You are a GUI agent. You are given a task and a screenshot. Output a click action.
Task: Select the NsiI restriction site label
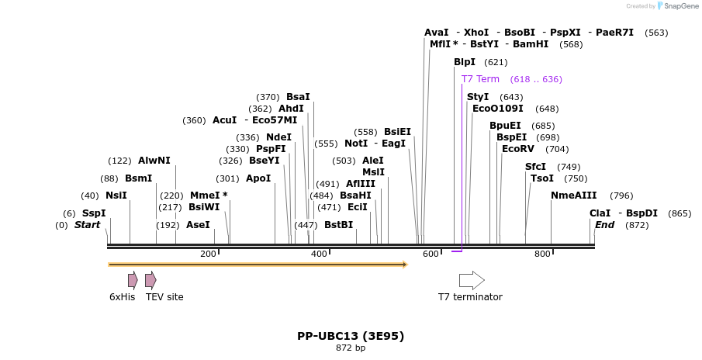coord(116,196)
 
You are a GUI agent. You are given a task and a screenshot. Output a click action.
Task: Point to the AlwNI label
coord(154,161)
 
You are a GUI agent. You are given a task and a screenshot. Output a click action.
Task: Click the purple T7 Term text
coord(480,79)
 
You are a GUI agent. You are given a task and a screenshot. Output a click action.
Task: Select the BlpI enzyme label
coord(465,62)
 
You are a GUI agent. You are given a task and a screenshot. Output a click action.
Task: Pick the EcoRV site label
coord(518,149)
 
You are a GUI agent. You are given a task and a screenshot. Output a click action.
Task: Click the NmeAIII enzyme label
coord(574,196)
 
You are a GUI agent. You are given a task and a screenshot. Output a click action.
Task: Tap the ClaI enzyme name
coord(600,213)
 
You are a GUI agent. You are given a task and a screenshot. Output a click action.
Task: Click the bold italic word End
coord(605,225)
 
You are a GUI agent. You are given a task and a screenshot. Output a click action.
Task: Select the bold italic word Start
coord(87,225)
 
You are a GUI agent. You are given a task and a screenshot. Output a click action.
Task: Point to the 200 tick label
coord(208,254)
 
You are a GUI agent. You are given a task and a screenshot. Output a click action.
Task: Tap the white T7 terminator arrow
coord(472,280)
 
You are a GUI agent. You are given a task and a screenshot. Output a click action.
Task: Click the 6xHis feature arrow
coord(133,280)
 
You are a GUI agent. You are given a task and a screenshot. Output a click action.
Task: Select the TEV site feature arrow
coord(150,280)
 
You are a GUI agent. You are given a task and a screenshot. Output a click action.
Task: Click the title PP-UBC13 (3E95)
coord(351,336)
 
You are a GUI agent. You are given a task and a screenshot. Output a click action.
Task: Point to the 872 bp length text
coord(351,348)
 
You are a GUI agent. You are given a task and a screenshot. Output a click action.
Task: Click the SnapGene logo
coord(676,6)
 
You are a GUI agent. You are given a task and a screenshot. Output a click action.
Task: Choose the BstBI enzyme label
coord(338,225)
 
